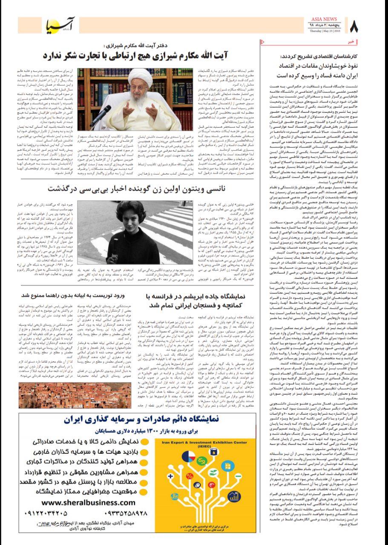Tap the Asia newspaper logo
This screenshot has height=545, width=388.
(60, 26)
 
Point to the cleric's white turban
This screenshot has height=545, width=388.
(140, 76)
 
